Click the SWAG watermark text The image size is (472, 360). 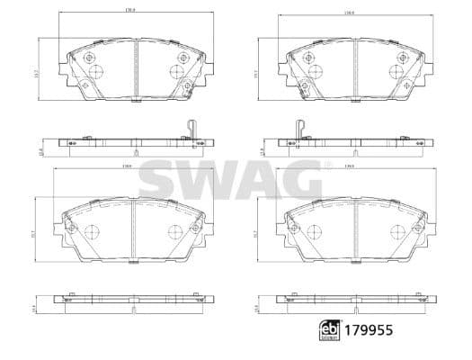tap(236, 179)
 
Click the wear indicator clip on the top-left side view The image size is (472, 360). tap(190, 129)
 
